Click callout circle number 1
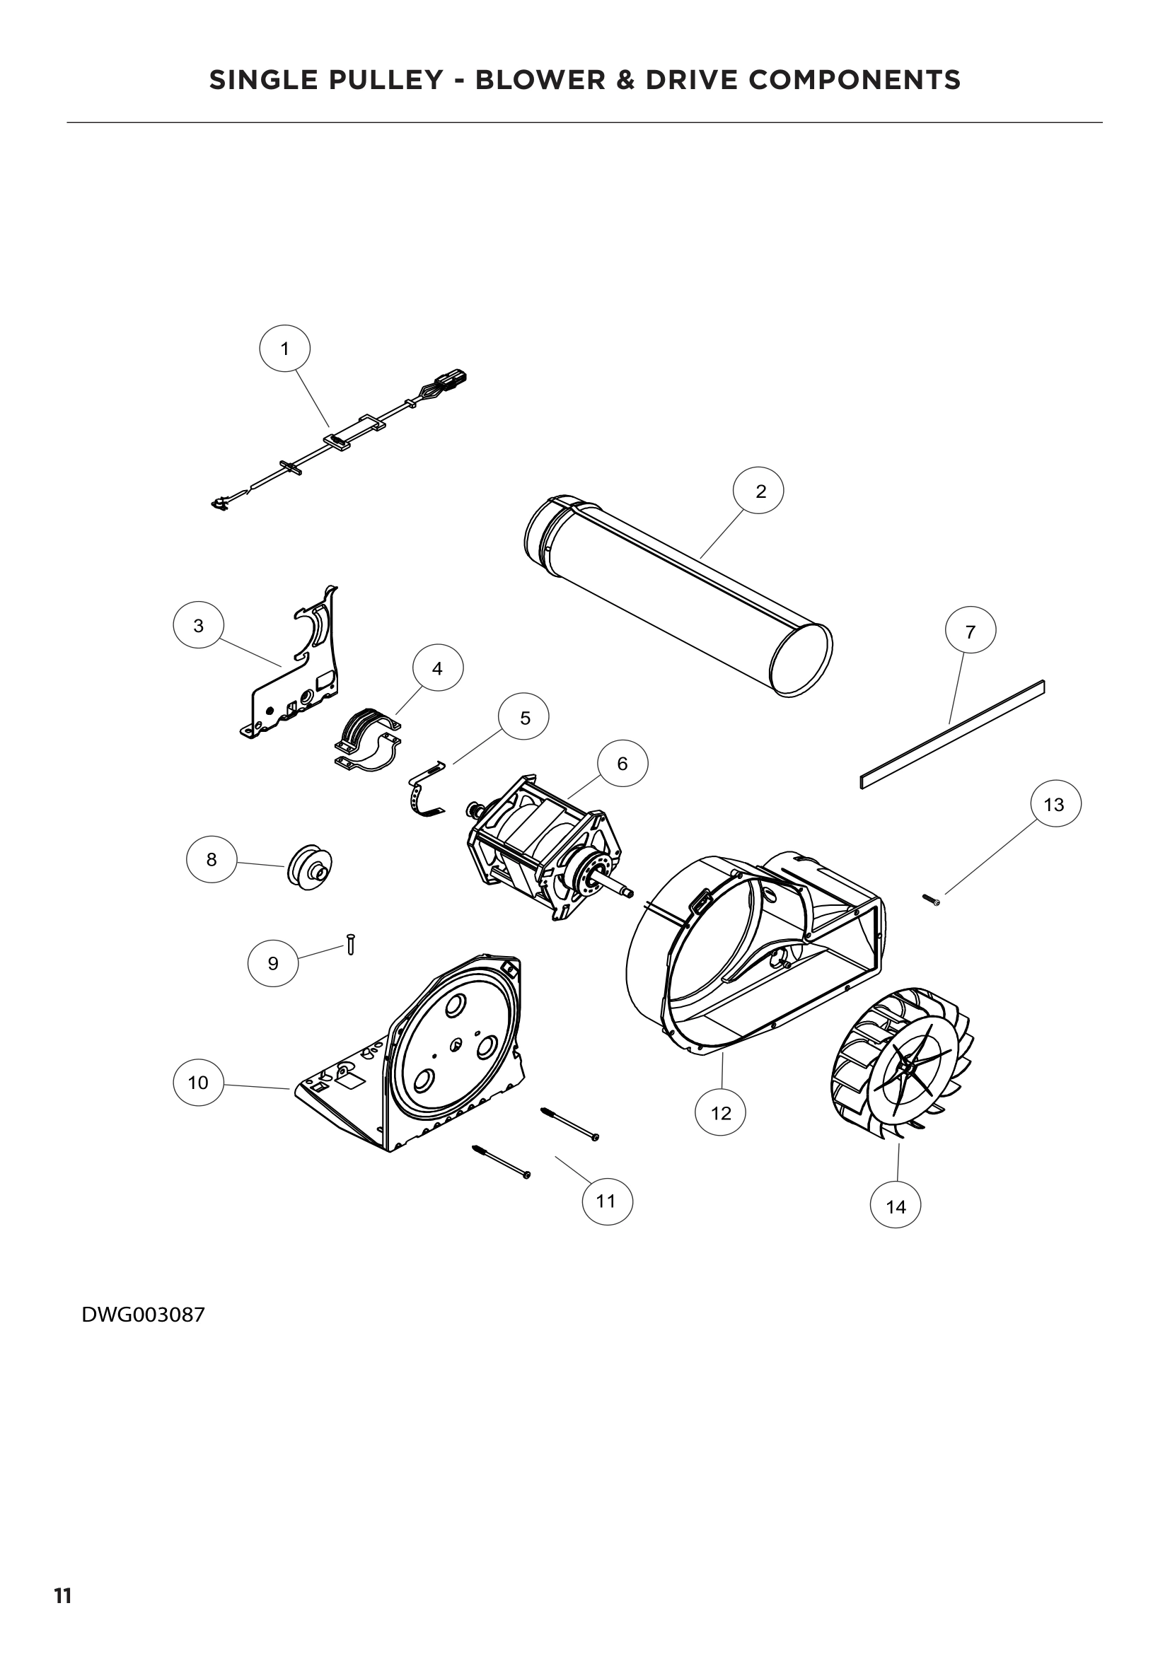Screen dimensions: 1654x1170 pyautogui.click(x=284, y=349)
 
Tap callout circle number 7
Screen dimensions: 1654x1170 pyautogui.click(x=970, y=631)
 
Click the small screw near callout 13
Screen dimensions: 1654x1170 pyautogui.click(x=930, y=899)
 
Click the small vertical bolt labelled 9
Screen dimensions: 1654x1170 pyautogui.click(x=350, y=943)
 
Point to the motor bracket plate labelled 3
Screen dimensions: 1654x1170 pyautogui.click(x=297, y=681)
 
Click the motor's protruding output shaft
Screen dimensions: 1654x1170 pyautogui.click(x=619, y=891)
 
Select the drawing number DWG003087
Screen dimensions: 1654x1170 pyautogui.click(x=144, y=1315)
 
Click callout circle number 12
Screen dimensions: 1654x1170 pyautogui.click(x=720, y=1112)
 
